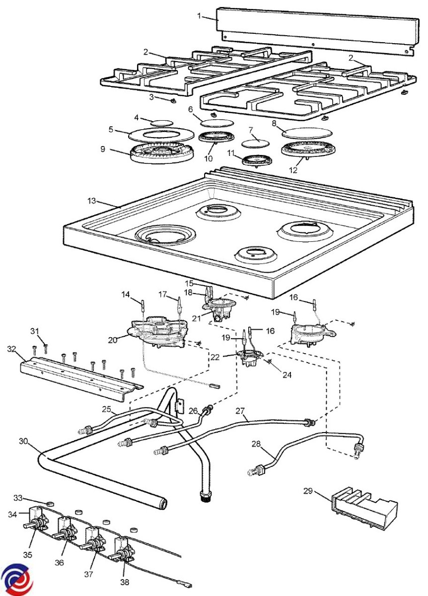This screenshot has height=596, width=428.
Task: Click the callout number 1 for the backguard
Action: [x=199, y=16]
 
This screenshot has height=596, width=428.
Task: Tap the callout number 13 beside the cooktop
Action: [x=91, y=201]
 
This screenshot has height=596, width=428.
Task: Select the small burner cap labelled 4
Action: [x=162, y=123]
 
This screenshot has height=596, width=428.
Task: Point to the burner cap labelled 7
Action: [x=255, y=143]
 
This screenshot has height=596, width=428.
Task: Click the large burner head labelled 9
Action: [x=161, y=153]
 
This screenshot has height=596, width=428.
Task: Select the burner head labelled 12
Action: [x=307, y=150]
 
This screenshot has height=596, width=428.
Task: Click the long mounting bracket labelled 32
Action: [x=81, y=378]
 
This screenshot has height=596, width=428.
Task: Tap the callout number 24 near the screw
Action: [x=287, y=374]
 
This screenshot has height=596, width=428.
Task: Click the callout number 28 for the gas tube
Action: [x=256, y=444]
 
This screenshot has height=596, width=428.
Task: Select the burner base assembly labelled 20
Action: [x=158, y=333]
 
